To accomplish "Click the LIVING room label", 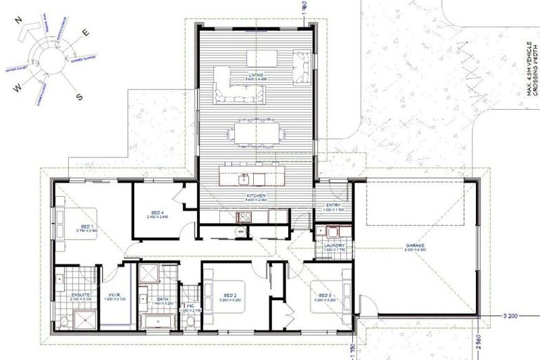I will [255, 74].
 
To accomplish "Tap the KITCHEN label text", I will [254, 195].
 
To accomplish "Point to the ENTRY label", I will [333, 205].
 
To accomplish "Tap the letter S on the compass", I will [79, 97].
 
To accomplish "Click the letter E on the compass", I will [86, 32].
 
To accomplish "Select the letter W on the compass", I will [15, 89].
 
